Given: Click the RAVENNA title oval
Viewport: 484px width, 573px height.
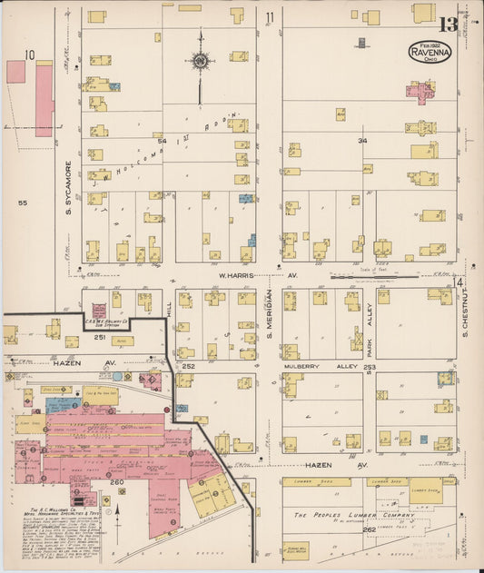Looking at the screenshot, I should click(x=429, y=50).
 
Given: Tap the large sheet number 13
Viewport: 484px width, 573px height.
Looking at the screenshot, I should click(x=447, y=25).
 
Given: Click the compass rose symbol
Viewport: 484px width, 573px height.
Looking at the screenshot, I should click(x=199, y=62).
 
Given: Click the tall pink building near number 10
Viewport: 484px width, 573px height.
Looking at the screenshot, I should click(x=44, y=100).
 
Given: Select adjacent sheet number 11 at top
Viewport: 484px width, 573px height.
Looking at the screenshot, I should click(x=270, y=17).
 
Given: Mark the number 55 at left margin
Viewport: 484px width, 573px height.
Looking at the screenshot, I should click(x=22, y=203).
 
